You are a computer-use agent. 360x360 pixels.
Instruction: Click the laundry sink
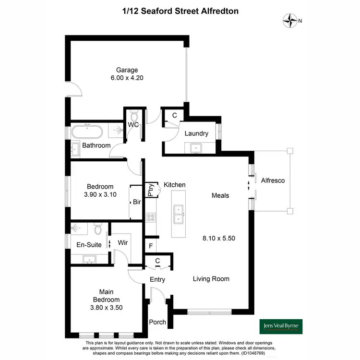[195, 147]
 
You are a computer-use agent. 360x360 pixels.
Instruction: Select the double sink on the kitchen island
[178, 214]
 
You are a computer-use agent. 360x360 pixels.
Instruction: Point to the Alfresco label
[273, 180]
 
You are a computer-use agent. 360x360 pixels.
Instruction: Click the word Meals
[220, 195]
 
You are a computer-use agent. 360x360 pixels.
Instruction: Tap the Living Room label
[211, 278]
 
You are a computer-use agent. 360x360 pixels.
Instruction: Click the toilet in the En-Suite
[98, 230]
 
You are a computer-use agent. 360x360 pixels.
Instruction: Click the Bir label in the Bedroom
[136, 202]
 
